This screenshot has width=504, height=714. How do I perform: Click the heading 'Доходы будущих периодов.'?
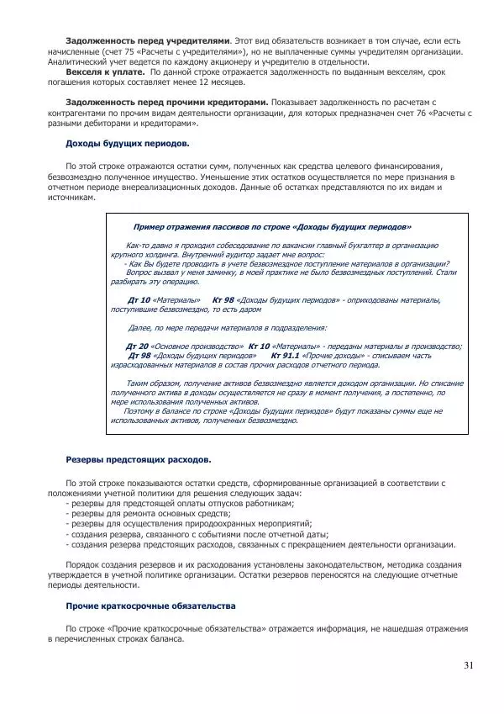point(128,144)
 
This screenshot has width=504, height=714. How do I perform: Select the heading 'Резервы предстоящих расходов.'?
point(139,459)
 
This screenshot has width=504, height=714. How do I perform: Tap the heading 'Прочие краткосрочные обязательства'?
point(150,606)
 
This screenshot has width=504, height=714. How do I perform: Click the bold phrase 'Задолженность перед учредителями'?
point(146,40)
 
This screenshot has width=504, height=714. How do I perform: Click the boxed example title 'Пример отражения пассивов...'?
point(272,227)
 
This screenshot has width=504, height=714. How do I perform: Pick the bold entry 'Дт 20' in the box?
point(137,346)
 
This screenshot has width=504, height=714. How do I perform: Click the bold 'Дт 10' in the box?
point(139,299)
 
